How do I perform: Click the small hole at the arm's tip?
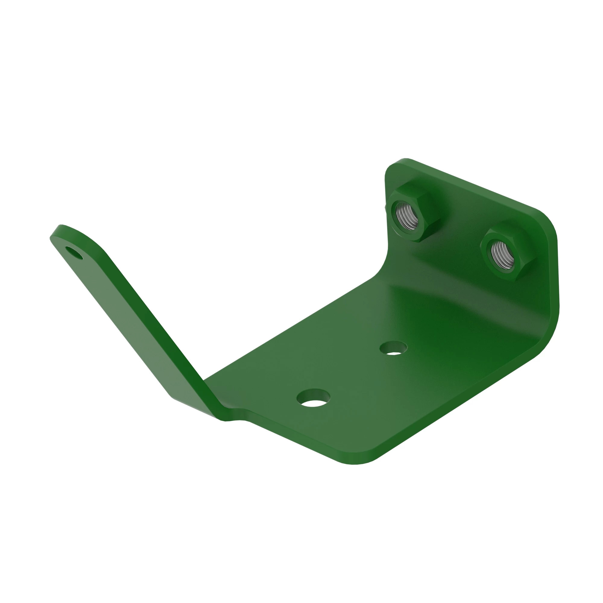pos(74,253)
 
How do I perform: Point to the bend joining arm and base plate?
pos(215,403)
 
